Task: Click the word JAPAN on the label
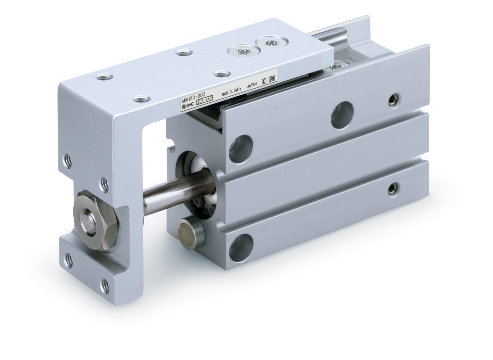tap(254, 86)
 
